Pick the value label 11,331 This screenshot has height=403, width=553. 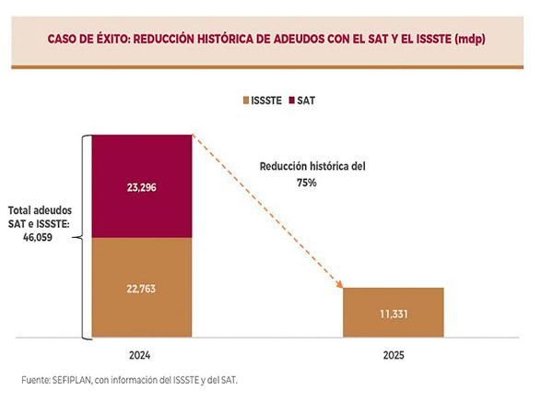point(394,314)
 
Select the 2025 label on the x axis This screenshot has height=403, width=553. point(394,355)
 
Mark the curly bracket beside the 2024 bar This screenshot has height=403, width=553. point(85,237)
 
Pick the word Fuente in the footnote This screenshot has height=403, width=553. point(36,380)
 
